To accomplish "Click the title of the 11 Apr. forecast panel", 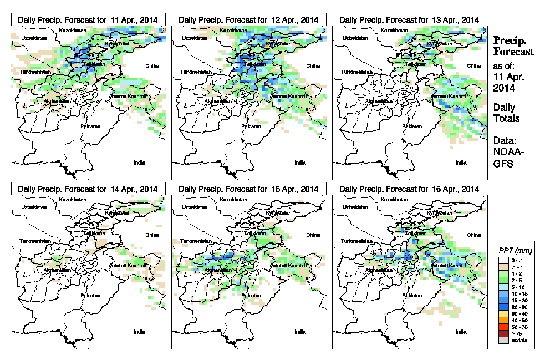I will click(x=88, y=19).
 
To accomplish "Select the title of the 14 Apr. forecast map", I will click(x=88, y=189).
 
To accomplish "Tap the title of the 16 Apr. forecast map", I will click(x=410, y=189).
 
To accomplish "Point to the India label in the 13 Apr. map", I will click(x=461, y=163).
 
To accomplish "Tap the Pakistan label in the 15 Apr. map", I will click(x=252, y=296).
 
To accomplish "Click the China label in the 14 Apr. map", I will click(x=152, y=235).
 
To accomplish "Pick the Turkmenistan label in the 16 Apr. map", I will click(x=356, y=242).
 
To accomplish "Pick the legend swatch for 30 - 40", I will click(x=502, y=315).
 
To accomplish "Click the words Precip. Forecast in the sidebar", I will click(x=513, y=47).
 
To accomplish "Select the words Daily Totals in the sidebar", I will click(x=506, y=113).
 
